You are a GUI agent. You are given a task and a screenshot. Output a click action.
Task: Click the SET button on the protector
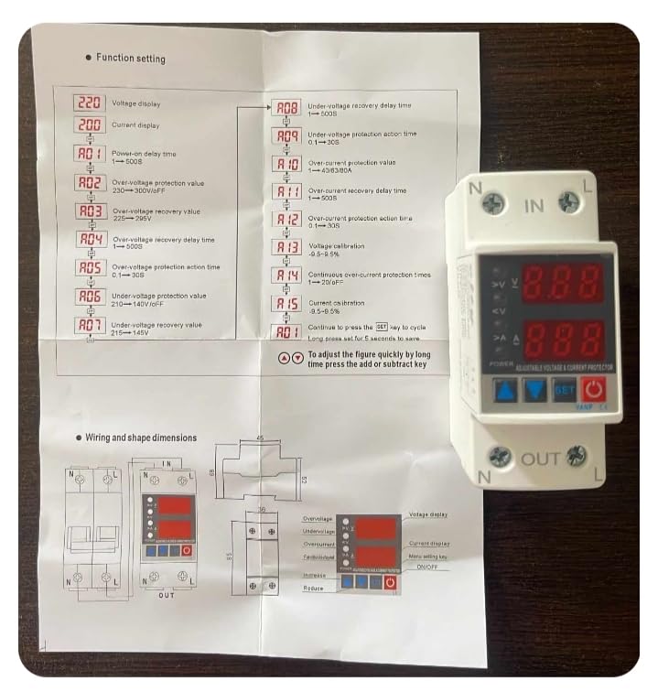coord(563,390)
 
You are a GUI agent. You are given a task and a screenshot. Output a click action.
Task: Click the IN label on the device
coord(533,206)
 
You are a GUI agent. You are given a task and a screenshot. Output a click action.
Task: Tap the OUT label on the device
coord(540,459)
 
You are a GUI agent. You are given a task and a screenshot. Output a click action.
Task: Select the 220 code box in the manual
coord(89,103)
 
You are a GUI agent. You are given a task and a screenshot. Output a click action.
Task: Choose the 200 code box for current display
coord(89,124)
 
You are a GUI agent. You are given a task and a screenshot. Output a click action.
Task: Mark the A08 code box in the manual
coord(288,108)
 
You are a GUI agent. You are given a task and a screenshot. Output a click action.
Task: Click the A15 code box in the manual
coord(288,304)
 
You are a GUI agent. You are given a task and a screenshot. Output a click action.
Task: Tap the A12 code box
coord(288,220)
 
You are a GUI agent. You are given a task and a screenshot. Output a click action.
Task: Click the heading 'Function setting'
coord(131,59)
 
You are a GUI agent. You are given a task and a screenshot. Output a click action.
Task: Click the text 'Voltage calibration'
coord(336,245)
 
